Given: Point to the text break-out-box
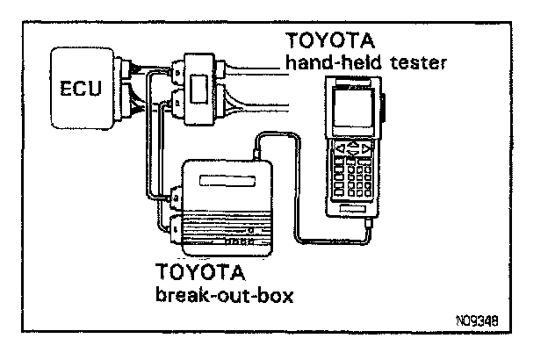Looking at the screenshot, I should (x=224, y=294).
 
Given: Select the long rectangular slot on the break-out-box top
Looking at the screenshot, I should (x=229, y=183).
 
